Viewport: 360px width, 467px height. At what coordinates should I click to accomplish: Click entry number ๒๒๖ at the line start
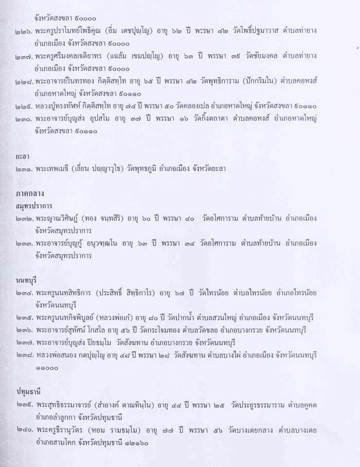click(24, 31)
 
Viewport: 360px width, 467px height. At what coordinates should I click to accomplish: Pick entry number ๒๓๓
click(24, 243)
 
